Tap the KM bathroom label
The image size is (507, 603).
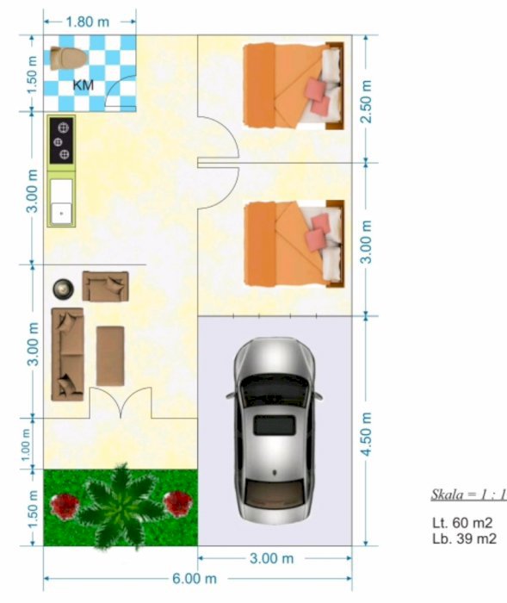pos(83,85)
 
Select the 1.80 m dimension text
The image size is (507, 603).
pos(88,22)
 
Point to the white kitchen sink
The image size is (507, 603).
pos(61,201)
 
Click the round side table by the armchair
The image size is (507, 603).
pos(64,289)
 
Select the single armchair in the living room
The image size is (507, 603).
pos(105,286)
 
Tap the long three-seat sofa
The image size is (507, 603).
pos(68,354)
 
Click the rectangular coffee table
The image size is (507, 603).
pos(110,356)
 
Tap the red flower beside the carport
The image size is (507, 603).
pos(177,503)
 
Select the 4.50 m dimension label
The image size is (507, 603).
pos(367,434)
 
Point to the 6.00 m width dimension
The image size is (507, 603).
pos(195,578)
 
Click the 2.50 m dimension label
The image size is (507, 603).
pos(367,102)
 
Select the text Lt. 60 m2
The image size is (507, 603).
pos(462,523)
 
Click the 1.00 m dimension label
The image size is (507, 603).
pos(25,444)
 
